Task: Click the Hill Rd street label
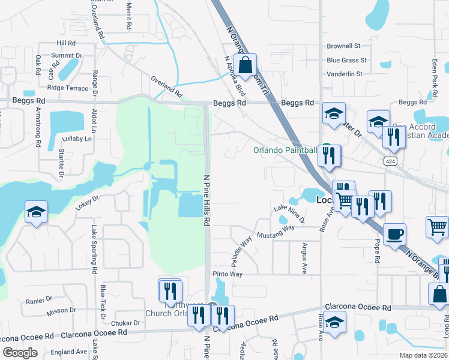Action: click(x=66, y=43)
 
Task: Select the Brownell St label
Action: click(x=343, y=46)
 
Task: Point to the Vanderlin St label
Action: click(x=345, y=74)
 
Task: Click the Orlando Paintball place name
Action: click(x=285, y=150)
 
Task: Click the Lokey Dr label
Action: click(x=86, y=202)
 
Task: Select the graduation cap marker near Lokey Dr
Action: click(x=36, y=212)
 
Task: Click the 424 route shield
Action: click(x=390, y=161)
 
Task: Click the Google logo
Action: click(x=20, y=353)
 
